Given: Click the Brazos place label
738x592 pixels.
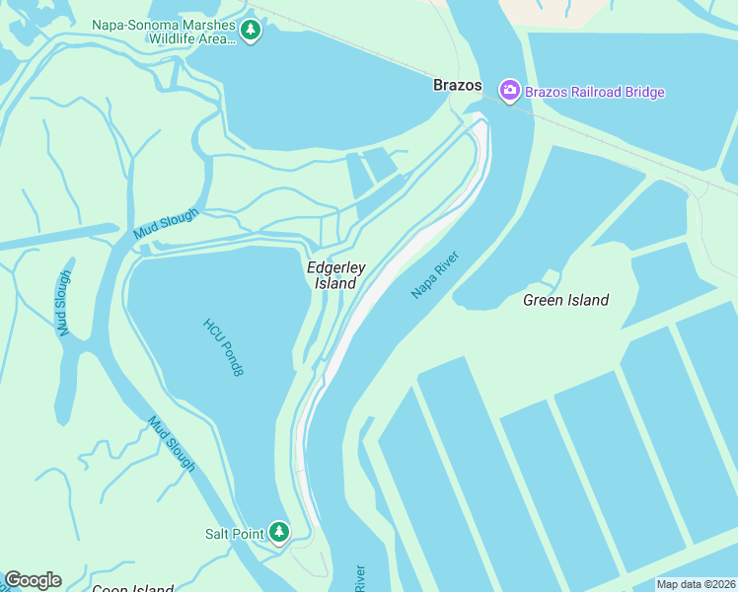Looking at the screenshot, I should point(458,86).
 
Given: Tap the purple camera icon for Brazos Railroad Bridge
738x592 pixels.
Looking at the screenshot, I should point(510,92).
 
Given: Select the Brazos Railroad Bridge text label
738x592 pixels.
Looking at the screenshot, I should point(595,93).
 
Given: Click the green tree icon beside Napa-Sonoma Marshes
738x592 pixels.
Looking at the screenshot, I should point(252,31).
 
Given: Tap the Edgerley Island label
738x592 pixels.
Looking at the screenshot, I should point(335,275).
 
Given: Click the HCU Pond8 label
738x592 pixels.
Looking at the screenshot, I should point(223,346).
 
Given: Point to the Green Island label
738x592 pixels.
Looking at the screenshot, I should point(565,300).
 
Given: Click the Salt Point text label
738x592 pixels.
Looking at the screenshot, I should point(234,534).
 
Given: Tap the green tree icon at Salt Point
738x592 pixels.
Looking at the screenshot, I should point(279,533).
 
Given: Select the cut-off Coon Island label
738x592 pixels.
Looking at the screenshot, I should point(132,589).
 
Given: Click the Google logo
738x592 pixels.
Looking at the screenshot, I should point(33,580).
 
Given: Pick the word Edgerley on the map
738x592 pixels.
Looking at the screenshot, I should point(336,267).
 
